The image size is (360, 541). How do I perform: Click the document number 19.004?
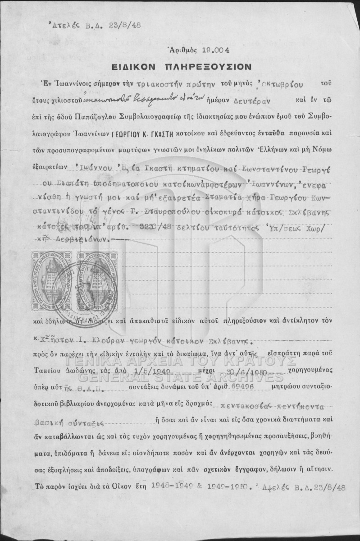(203, 50)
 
